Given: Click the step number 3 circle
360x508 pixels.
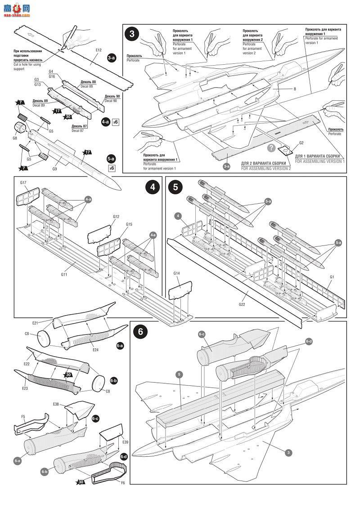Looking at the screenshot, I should [x=131, y=33].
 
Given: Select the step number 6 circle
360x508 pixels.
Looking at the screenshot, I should [x=140, y=331].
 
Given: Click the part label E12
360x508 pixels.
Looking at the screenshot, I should [x=99, y=50].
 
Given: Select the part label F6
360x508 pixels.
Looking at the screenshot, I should [x=122, y=482].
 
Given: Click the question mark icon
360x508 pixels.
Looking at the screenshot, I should [x=271, y=148].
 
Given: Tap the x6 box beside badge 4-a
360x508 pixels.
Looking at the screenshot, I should [x=115, y=122].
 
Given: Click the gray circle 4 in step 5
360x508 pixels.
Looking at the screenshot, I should [x=179, y=216].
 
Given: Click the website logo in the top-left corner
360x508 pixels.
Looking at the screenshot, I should [x=16, y=9].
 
